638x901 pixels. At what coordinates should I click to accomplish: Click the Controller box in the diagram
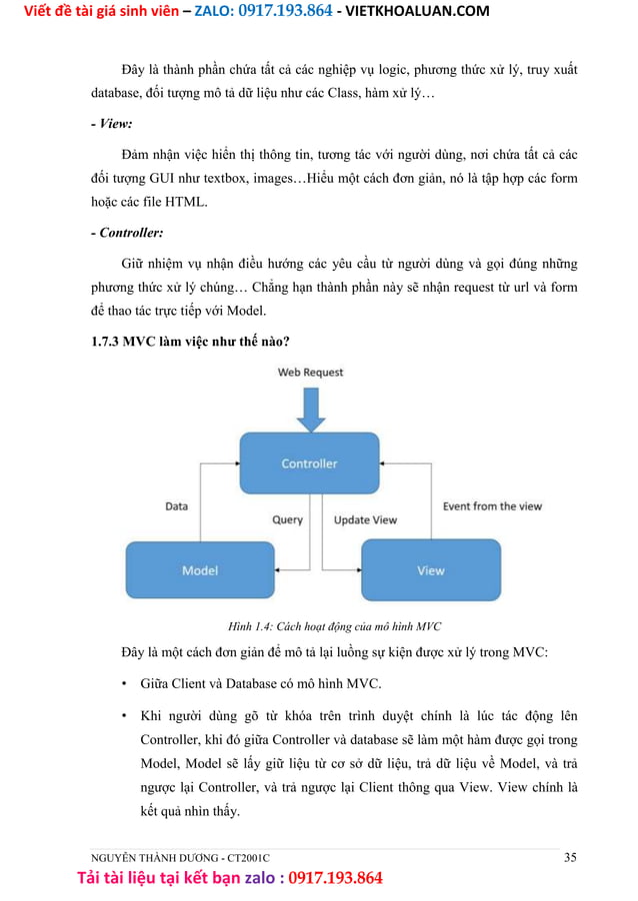pos(309,464)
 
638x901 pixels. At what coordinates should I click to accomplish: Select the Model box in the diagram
pos(200,570)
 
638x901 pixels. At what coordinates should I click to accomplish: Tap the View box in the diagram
pos(430,570)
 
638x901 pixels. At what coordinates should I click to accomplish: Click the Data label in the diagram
pos(176,506)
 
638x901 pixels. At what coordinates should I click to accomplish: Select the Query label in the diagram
pos(287,520)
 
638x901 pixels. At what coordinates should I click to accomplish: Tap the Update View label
pos(365,520)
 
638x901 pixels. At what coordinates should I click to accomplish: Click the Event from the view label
pos(492,506)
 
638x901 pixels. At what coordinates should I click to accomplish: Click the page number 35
pos(570,857)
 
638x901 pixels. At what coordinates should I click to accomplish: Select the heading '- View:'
pos(111,125)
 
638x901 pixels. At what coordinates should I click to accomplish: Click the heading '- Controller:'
pos(127,234)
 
